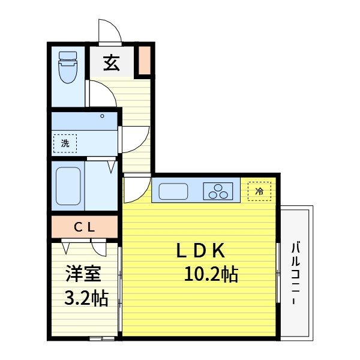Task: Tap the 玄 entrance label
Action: coord(111,62)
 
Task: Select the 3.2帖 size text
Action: coord(86,298)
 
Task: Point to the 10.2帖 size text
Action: coord(211,275)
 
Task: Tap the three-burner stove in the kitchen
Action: coord(218,192)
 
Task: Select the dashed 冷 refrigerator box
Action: coord(259,191)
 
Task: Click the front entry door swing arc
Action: coord(110,31)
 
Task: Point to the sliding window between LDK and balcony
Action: coord(278,273)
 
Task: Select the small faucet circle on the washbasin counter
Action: coord(102,116)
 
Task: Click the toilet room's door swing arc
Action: coord(100,93)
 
